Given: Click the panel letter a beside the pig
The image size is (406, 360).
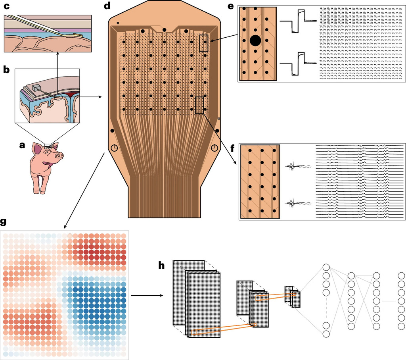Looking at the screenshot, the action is (x=22, y=145).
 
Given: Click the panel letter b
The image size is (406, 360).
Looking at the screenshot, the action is (x=6, y=69).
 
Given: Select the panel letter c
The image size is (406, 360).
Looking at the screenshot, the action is (x=7, y=6).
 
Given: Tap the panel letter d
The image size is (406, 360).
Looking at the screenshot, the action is (x=107, y=6).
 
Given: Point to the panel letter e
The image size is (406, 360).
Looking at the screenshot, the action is (x=231, y=6).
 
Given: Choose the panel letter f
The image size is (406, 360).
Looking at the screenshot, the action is (x=232, y=148).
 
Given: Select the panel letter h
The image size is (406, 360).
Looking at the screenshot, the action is (x=161, y=266).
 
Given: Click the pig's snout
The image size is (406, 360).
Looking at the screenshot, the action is (x=60, y=155).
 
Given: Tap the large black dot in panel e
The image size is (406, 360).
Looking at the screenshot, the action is (x=255, y=41).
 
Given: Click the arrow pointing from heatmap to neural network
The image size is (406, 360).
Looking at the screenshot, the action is (x=147, y=295).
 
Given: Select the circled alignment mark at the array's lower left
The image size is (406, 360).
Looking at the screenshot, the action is (x=115, y=148).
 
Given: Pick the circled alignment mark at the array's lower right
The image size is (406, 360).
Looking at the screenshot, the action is (x=214, y=148).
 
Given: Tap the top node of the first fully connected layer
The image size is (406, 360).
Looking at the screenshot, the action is (x=326, y=268).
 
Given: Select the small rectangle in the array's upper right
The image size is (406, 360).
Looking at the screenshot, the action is (x=204, y=43).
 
